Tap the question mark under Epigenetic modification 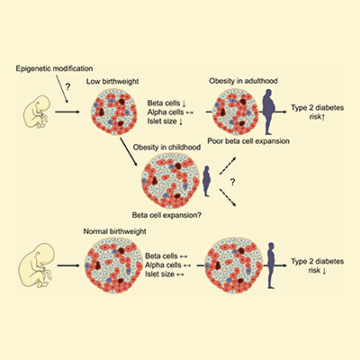point(56,86)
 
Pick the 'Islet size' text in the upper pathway point(165,129)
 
